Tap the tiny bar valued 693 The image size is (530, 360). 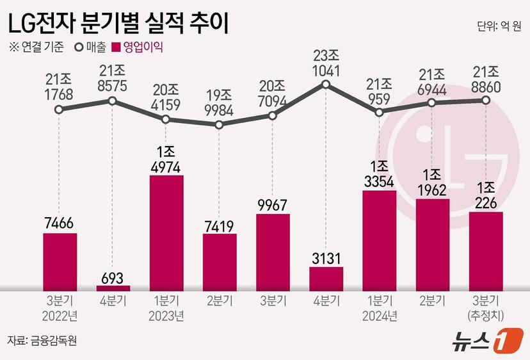pyautogui.click(x=113, y=288)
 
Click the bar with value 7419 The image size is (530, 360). pyautogui.click(x=220, y=261)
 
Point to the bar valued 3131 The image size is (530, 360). pyautogui.click(x=326, y=278)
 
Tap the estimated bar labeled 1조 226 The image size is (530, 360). pyautogui.click(x=486, y=250)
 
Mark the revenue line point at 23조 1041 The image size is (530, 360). pyautogui.click(x=326, y=85)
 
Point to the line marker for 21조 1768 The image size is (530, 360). pyautogui.click(x=59, y=110)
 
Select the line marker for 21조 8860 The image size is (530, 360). pyautogui.click(x=486, y=100)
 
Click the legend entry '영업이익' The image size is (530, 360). pyautogui.click(x=137, y=47)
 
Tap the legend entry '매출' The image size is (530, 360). pyautogui.click(x=89, y=47)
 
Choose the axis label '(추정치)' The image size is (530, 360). pyautogui.click(x=486, y=315)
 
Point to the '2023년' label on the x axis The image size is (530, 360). pyautogui.click(x=166, y=315)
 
